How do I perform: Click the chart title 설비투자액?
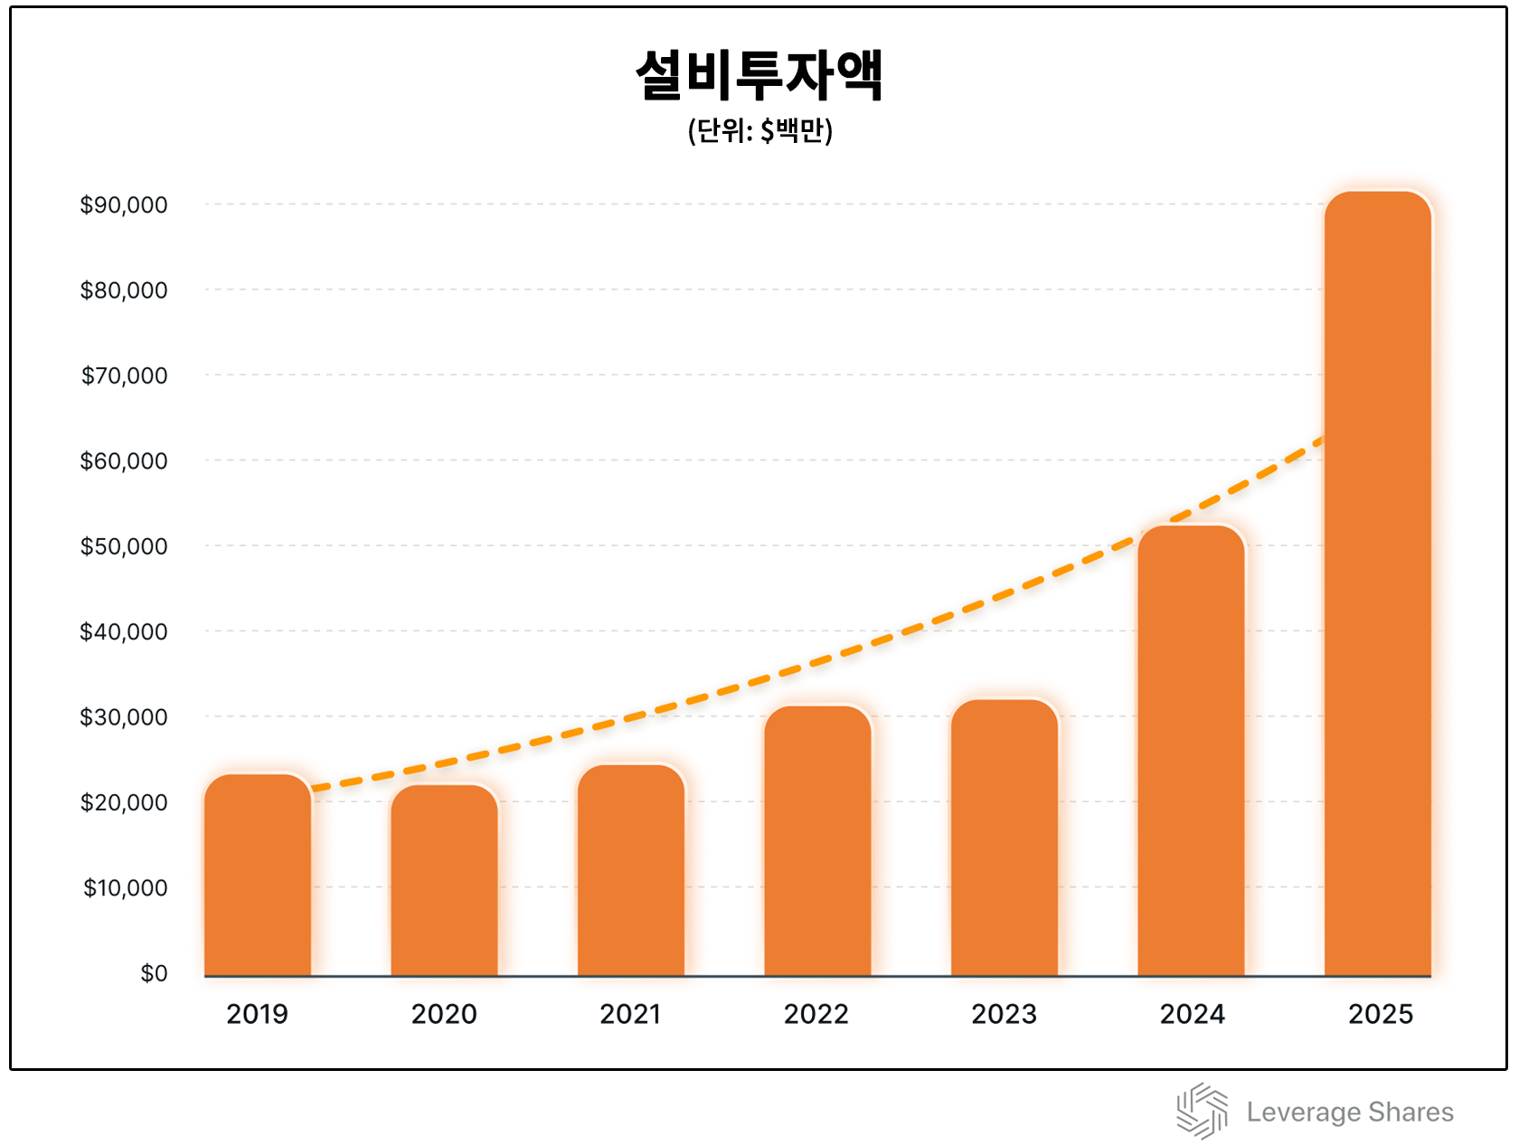pyautogui.click(x=759, y=75)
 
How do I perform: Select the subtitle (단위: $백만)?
pyautogui.click(x=759, y=131)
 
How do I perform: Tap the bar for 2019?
pyautogui.click(x=258, y=875)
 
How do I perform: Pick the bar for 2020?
pyautogui.click(x=444, y=880)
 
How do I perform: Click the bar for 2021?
pyautogui.click(x=631, y=870)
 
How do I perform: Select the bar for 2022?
pyautogui.click(x=817, y=840)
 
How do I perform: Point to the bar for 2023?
pyautogui.click(x=1005, y=838)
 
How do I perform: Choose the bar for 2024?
pyautogui.click(x=1191, y=751)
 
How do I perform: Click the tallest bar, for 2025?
pyautogui.click(x=1378, y=583)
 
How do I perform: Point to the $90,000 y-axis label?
pyautogui.click(x=124, y=205)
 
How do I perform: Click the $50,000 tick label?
pyautogui.click(x=124, y=546)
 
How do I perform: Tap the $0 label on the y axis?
pyautogui.click(x=154, y=973)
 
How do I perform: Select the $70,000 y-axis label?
pyautogui.click(x=124, y=375)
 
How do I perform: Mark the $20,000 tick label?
pyautogui.click(x=124, y=802)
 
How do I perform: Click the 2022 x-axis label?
pyautogui.click(x=816, y=1014)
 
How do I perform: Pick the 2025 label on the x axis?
pyautogui.click(x=1380, y=1014)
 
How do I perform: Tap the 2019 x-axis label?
pyautogui.click(x=257, y=1014)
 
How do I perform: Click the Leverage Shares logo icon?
pyautogui.click(x=1202, y=1111)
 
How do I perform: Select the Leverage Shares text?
pyautogui.click(x=1350, y=1112)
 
